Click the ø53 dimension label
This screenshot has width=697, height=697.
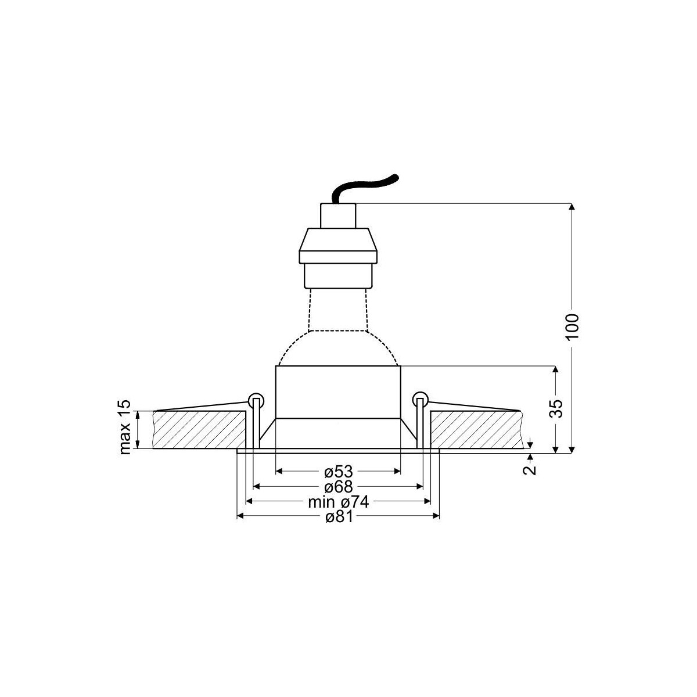pyautogui.click(x=337, y=471)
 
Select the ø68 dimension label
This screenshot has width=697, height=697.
pyautogui.click(x=337, y=486)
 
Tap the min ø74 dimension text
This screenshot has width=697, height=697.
pyautogui.click(x=338, y=501)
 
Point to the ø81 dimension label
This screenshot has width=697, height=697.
pyautogui.click(x=337, y=517)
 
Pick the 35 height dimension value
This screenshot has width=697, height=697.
pyautogui.click(x=556, y=409)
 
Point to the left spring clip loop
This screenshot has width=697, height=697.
pyautogui.click(x=255, y=400)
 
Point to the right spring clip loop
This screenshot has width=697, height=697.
pyautogui.click(x=420, y=400)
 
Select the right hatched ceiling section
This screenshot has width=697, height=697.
pyautogui.click(x=476, y=430)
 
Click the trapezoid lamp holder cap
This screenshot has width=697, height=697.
pyautogui.click(x=337, y=246)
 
